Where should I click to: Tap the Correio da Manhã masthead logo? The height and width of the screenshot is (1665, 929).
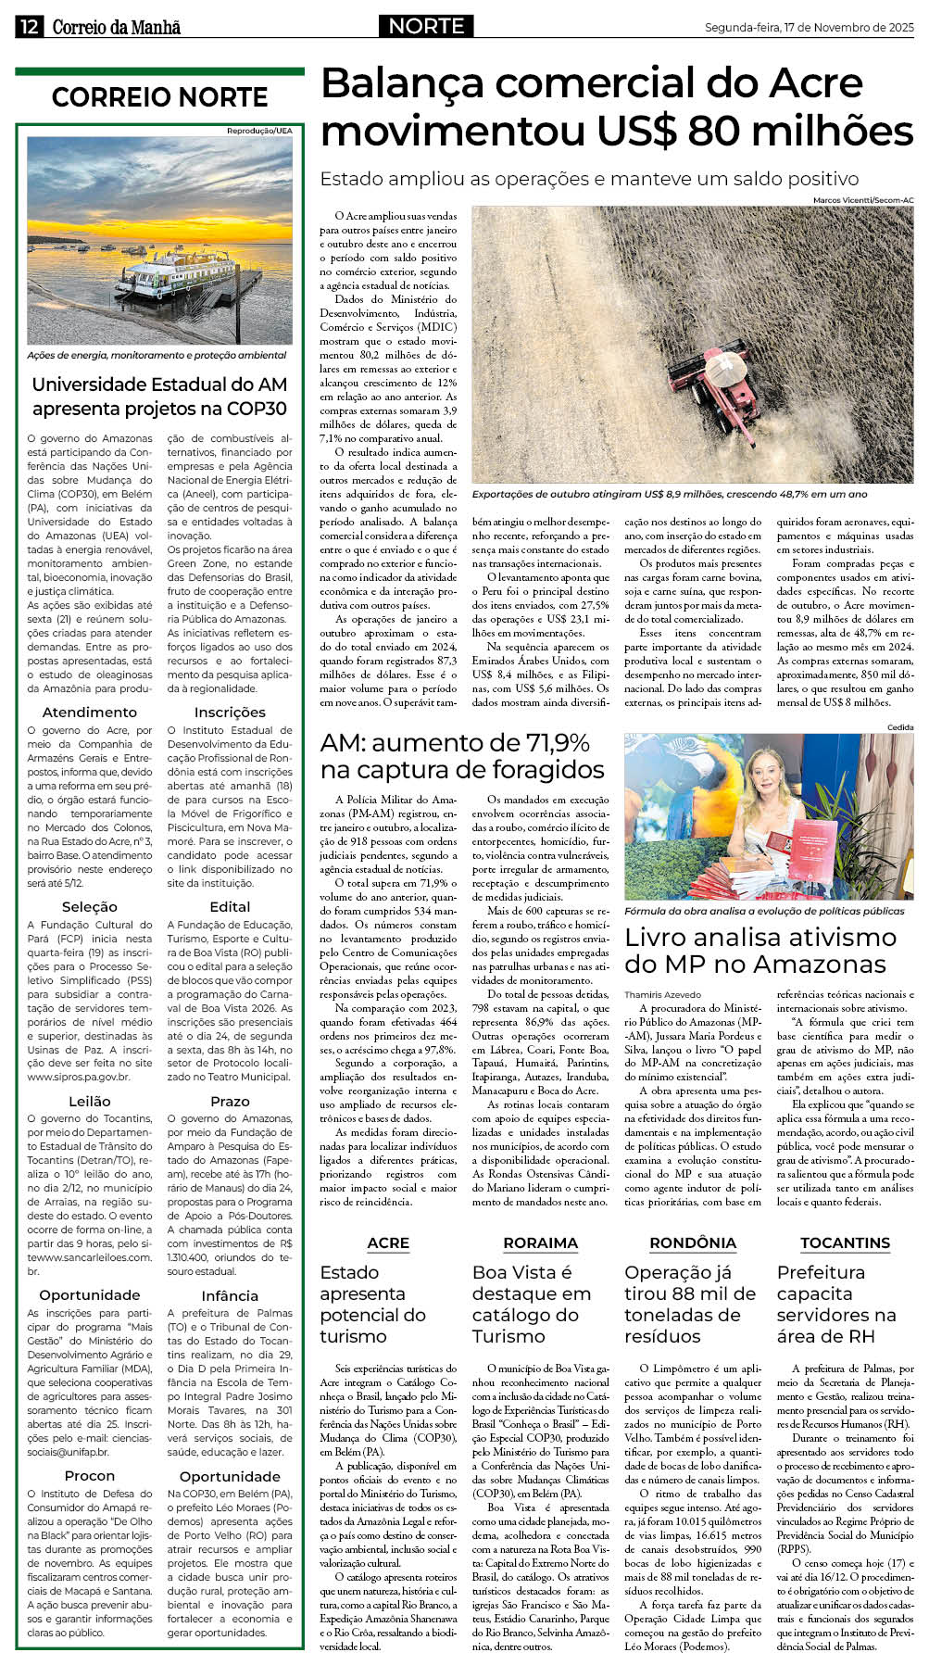point(116,27)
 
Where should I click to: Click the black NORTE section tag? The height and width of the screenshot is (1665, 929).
point(426,26)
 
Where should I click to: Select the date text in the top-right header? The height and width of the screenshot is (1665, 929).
point(809,28)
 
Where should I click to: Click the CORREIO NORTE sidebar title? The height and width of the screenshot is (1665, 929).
point(159,97)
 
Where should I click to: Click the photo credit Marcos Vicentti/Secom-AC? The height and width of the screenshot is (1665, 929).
point(862,200)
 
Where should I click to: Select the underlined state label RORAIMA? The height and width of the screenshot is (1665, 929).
point(540,1242)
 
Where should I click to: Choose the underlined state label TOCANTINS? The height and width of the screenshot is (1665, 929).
point(845,1242)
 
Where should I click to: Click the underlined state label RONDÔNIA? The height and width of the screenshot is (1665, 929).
point(693,1242)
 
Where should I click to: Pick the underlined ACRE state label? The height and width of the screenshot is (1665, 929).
point(388,1242)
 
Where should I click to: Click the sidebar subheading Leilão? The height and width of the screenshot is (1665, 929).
point(90,1101)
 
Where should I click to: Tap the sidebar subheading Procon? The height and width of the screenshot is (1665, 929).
point(90,1475)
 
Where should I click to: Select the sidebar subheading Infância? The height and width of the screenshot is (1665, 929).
point(230,1295)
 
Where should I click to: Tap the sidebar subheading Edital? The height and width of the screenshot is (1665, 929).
point(230,906)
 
